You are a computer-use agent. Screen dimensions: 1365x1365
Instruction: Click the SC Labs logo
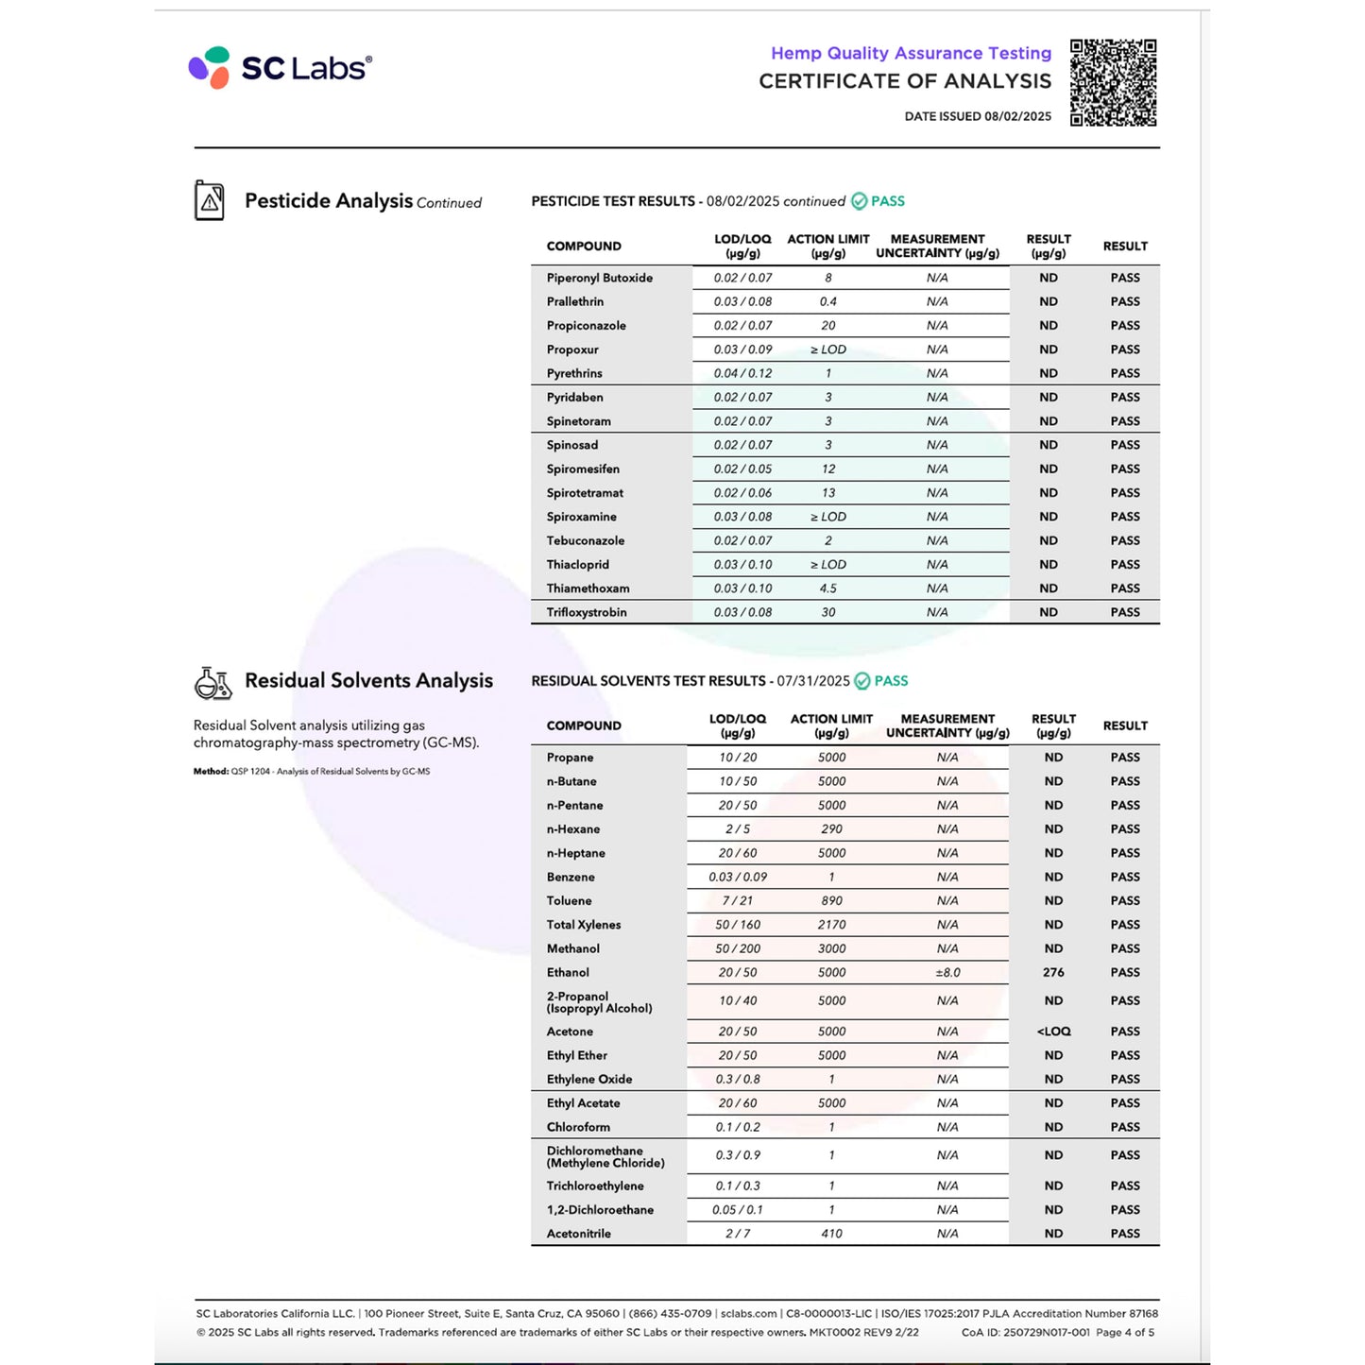(x=281, y=68)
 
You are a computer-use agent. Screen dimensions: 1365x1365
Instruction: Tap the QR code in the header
(x=1113, y=83)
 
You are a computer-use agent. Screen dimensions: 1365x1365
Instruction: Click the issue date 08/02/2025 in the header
(x=1017, y=116)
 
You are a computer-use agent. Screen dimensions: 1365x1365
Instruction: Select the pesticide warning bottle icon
(x=210, y=200)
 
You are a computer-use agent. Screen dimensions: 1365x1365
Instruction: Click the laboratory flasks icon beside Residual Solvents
(x=213, y=682)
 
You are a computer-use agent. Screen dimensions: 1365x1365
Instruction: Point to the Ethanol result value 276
(x=1053, y=972)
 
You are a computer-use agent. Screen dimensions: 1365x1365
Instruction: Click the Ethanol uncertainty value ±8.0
(x=947, y=972)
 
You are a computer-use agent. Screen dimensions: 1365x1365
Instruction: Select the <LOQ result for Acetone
(x=1053, y=1032)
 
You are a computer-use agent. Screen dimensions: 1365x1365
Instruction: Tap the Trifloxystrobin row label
(x=587, y=612)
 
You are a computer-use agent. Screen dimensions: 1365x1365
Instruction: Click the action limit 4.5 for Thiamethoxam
(x=828, y=589)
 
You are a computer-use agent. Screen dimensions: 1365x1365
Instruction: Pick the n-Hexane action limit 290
(x=831, y=829)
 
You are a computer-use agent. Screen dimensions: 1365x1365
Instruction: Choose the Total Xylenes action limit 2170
(x=831, y=925)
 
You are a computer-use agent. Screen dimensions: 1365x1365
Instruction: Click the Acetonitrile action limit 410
(x=831, y=1234)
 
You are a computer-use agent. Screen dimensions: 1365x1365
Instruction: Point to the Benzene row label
(x=571, y=877)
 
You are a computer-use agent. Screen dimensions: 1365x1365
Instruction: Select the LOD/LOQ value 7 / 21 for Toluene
(x=738, y=901)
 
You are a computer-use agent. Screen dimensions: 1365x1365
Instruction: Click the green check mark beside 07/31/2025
(x=862, y=681)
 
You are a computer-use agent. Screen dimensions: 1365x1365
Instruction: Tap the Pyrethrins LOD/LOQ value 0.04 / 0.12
(x=742, y=373)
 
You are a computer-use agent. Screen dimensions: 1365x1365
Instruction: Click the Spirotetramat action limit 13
(x=828, y=493)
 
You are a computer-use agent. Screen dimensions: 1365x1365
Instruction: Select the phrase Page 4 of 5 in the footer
(x=1125, y=1333)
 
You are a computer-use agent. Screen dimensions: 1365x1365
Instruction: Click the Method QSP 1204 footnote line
(x=312, y=772)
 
